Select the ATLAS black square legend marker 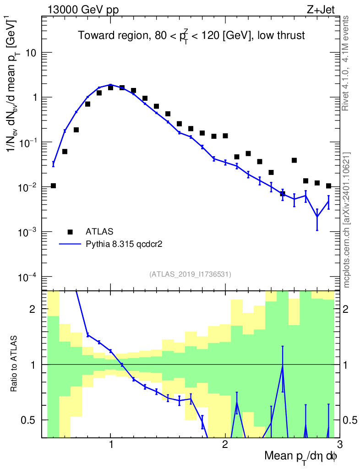(70, 232)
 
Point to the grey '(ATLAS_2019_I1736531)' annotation (190, 274)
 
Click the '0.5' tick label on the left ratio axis (30, 420)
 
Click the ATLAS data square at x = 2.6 (294, 160)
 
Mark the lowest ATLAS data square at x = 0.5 (54, 185)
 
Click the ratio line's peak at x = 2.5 (283, 365)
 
